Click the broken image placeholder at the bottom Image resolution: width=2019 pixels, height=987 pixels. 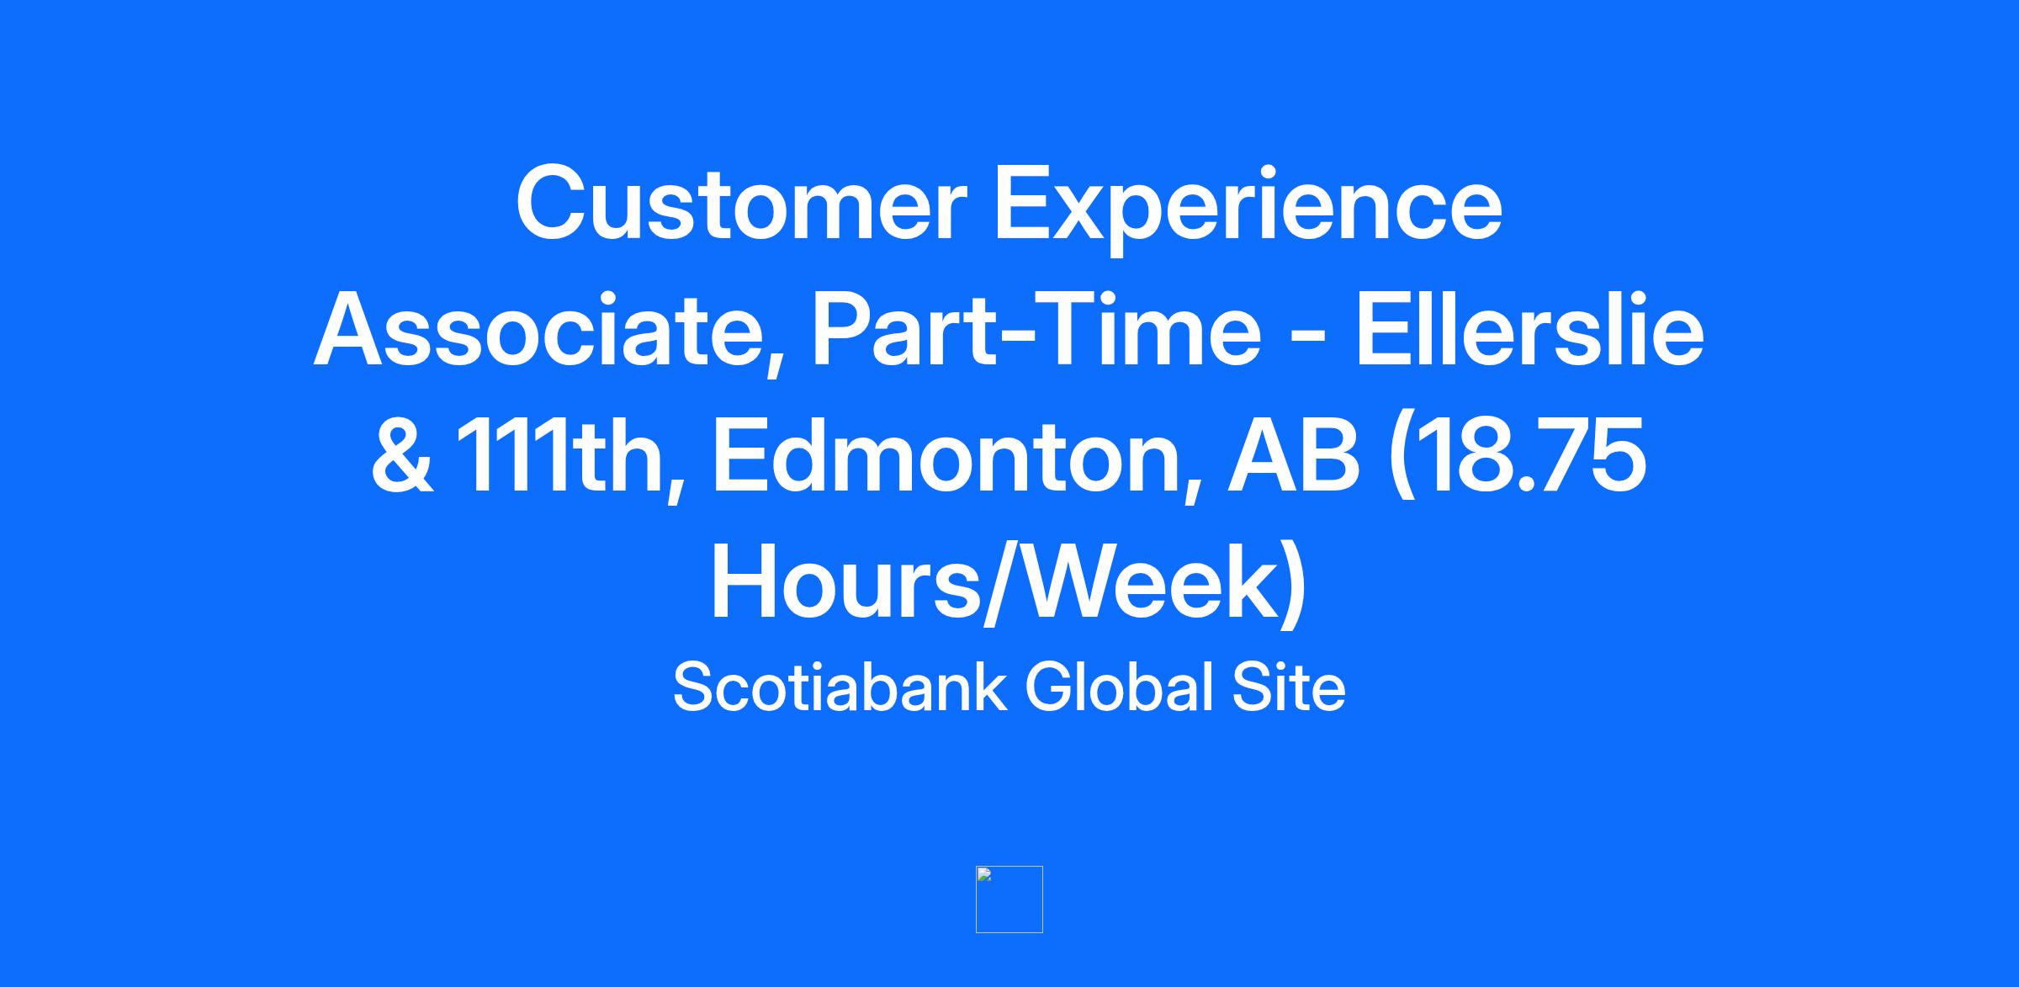point(1010,899)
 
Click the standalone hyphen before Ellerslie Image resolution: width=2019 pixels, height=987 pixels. point(1308,341)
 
